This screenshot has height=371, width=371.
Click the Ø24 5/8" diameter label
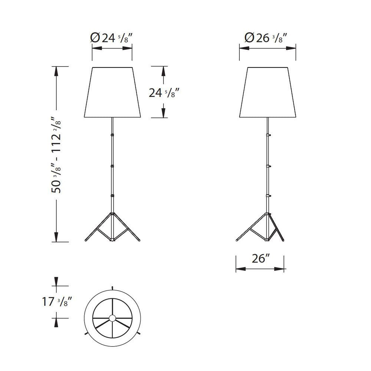click(x=111, y=38)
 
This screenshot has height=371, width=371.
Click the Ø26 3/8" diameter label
click(x=266, y=38)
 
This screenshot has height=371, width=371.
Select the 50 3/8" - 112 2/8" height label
click(x=56, y=155)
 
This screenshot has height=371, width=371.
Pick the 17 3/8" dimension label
click(x=56, y=302)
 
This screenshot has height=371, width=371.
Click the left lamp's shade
click(x=112, y=92)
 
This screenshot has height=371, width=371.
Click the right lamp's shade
click(x=267, y=92)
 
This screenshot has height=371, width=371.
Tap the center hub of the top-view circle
click(x=112, y=318)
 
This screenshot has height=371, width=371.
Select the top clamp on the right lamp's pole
click(x=268, y=135)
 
